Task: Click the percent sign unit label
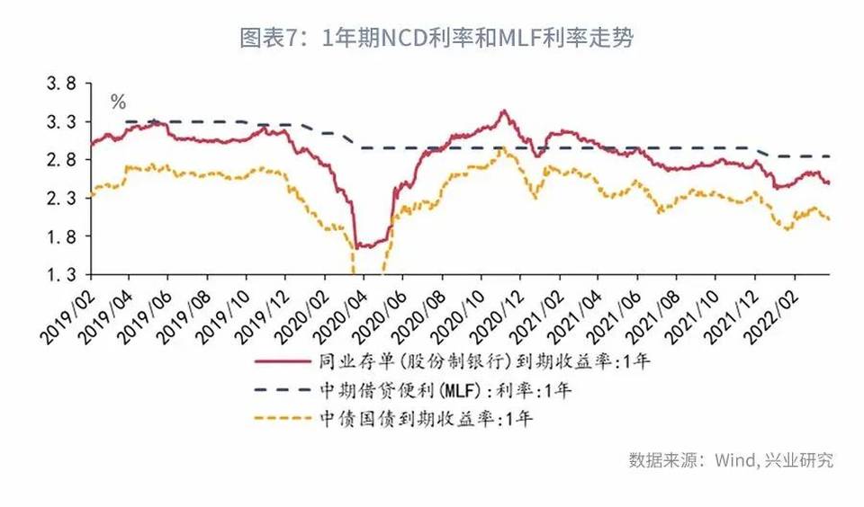pos(118,102)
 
